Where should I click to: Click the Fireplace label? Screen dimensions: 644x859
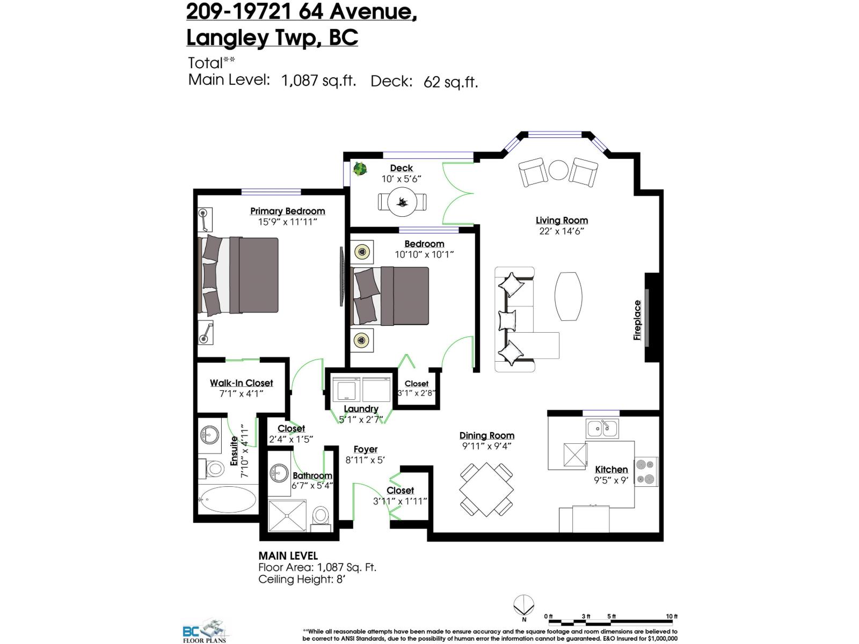pos(637,320)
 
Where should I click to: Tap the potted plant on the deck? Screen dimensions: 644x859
pos(360,169)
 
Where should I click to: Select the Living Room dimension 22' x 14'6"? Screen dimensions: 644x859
pos(561,231)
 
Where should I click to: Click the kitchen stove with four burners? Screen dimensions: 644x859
pos(646,471)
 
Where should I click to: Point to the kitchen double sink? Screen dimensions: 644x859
pos(602,428)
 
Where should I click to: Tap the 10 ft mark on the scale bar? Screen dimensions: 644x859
pos(671,617)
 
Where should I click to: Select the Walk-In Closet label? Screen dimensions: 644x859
pos(241,383)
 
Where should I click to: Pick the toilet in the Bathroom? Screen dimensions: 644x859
pos(321,516)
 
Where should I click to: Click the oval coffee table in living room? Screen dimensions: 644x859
pos(568,296)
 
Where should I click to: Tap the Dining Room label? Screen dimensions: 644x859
pos(486,435)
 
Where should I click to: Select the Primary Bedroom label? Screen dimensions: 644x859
pos(287,211)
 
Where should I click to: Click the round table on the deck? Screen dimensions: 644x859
pos(402,202)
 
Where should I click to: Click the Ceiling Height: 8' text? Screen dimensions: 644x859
pos(301,579)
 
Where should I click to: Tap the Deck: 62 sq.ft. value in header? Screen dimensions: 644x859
pos(424,82)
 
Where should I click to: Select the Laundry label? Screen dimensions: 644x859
pos(361,409)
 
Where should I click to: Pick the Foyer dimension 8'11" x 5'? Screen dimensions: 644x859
pos(365,460)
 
